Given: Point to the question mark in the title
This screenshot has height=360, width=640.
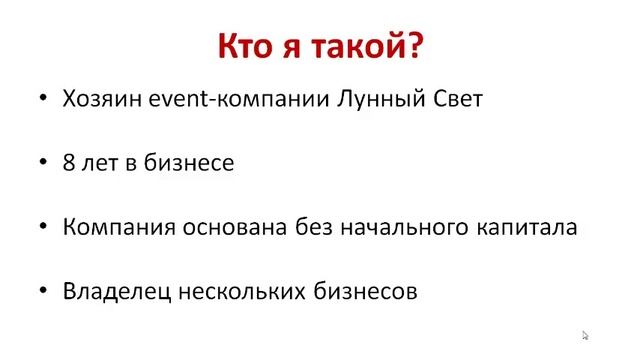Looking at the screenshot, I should click(411, 47).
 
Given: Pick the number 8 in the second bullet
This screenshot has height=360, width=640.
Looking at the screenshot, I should click(69, 162).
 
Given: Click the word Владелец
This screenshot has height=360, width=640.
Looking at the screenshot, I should click(115, 292).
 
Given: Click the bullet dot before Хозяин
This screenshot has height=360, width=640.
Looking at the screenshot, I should click(42, 100).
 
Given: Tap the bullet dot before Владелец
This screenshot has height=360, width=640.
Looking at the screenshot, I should click(42, 292).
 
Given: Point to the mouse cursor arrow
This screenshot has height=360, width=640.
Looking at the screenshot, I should click(586, 336).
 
